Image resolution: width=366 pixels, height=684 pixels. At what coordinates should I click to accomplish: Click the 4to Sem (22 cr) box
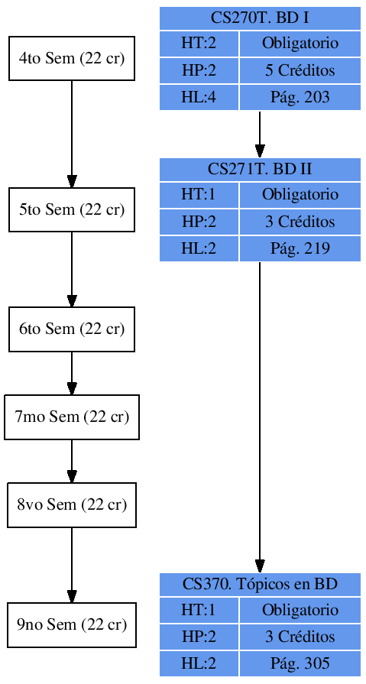tap(72, 58)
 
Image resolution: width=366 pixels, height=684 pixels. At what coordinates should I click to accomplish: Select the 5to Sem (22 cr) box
tap(72, 209)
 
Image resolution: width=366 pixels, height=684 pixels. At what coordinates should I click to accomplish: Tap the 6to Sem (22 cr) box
tap(72, 329)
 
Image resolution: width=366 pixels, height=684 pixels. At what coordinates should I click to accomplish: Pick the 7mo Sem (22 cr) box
tap(72, 417)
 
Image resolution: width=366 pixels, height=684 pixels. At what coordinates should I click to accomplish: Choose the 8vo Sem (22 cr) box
tap(72, 505)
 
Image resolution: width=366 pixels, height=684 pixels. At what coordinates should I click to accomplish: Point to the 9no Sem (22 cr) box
tap(72, 625)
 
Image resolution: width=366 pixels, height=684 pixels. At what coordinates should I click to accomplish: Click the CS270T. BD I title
tap(260, 18)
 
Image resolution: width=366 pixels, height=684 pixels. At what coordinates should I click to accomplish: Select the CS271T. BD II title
tap(260, 169)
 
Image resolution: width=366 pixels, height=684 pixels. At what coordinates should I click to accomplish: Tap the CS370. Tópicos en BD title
tap(260, 585)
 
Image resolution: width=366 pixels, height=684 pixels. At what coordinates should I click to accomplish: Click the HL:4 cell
tap(199, 98)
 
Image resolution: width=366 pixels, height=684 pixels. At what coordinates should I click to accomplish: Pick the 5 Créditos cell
tap(300, 71)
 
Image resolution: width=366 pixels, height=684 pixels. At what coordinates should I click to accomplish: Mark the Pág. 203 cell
tap(300, 98)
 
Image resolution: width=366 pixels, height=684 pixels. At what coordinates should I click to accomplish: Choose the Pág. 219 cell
tap(300, 249)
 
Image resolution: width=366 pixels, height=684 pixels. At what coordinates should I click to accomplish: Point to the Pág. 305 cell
tap(300, 664)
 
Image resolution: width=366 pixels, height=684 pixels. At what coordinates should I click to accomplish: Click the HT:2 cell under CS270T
tap(199, 44)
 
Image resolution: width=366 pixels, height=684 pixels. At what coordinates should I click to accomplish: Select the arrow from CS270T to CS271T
tap(260, 134)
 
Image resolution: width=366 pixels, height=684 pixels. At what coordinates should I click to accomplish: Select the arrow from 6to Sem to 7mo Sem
tap(72, 374)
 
